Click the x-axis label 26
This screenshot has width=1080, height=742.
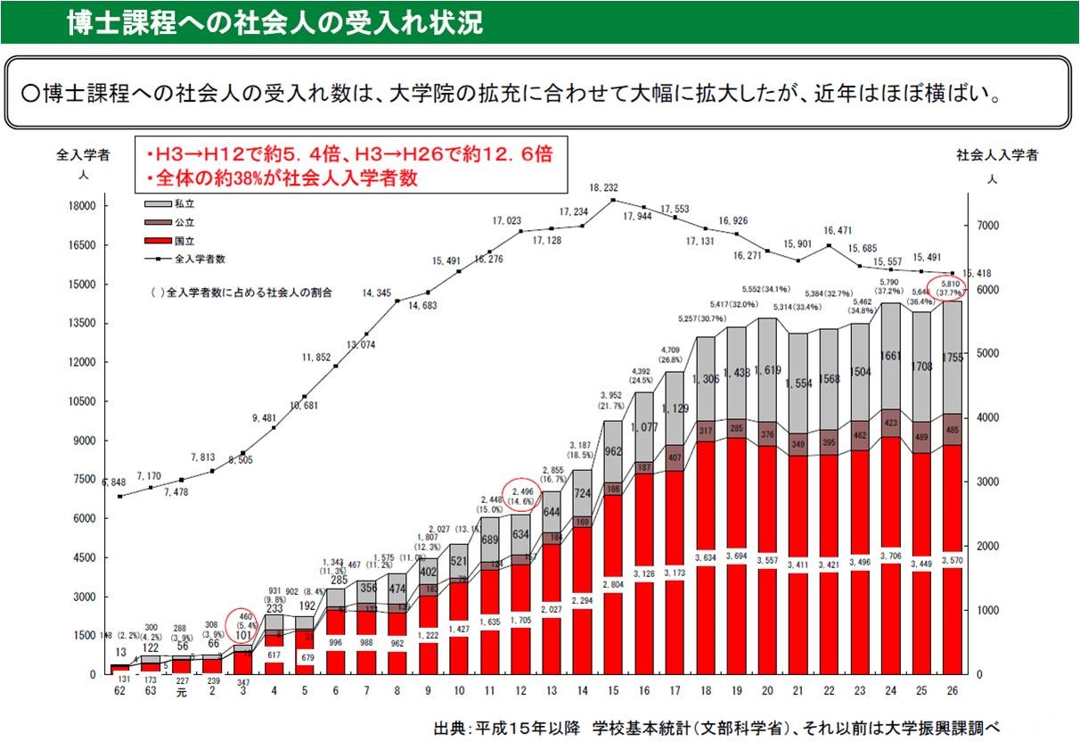coord(953,689)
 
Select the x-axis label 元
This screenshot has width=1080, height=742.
coord(182,689)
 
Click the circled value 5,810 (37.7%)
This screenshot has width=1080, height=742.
coord(946,286)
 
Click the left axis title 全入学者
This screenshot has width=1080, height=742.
coord(83,156)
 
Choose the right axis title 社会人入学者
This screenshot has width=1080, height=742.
coord(997,156)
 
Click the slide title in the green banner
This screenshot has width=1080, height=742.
coord(274,22)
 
